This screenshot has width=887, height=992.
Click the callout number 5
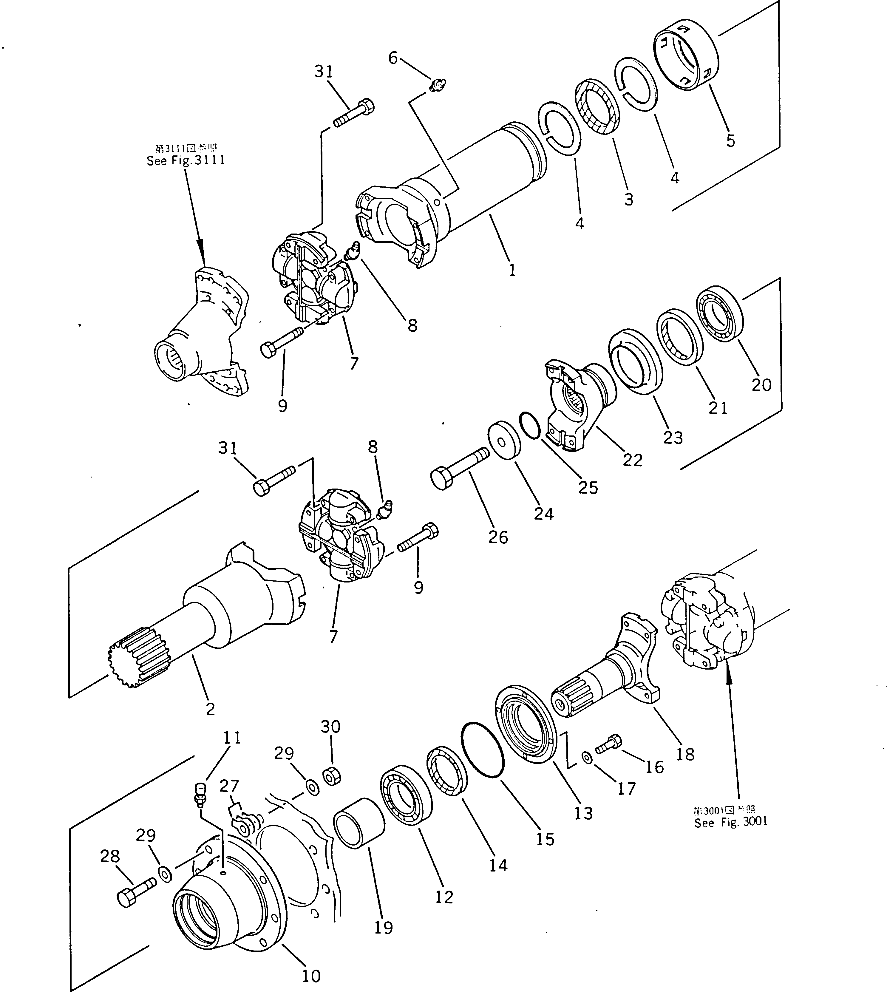click(x=730, y=141)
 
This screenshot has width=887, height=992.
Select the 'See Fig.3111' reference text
click(x=186, y=160)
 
